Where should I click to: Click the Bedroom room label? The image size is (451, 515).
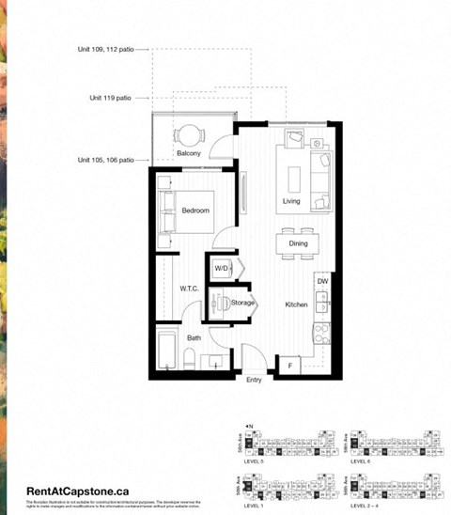[x=195, y=211]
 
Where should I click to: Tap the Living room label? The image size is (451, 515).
[x=292, y=202]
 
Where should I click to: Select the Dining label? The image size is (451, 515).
[x=298, y=244]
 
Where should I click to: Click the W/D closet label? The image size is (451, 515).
[x=221, y=269]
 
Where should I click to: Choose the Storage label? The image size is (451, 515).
[x=243, y=304]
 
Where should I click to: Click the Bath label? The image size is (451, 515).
[x=194, y=336]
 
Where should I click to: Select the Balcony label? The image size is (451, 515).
[x=189, y=153]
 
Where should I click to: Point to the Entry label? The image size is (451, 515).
[x=254, y=381]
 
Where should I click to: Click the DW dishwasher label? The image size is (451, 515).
[x=322, y=281]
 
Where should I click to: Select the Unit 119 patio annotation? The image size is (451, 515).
[x=112, y=97]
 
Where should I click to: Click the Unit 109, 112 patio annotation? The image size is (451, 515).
[x=107, y=50]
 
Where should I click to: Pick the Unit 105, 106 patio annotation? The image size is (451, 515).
[x=107, y=160]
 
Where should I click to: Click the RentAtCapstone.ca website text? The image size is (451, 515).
[x=77, y=490]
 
